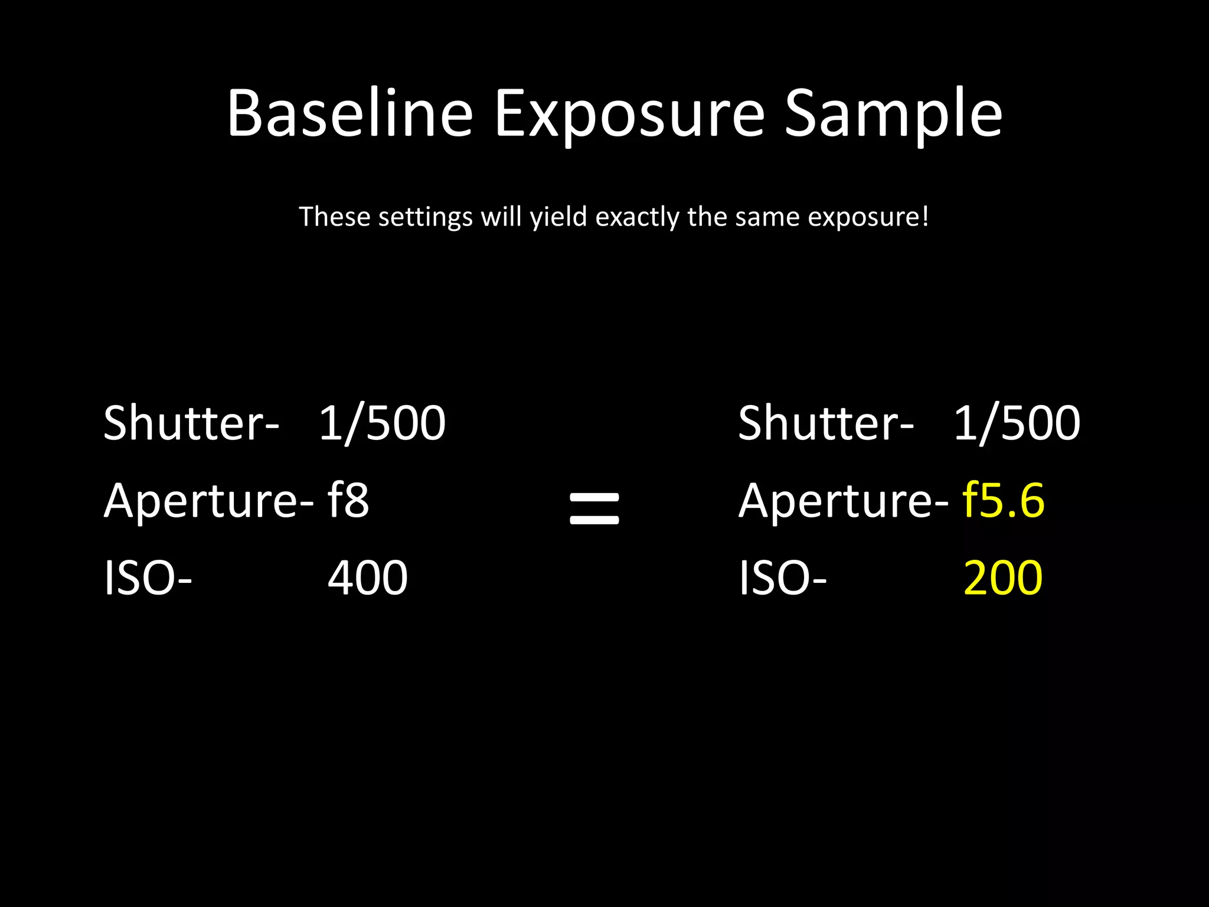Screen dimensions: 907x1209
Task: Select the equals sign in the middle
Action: (x=594, y=508)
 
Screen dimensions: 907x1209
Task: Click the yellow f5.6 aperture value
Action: (x=1003, y=500)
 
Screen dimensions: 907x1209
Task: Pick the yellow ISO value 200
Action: (x=1002, y=578)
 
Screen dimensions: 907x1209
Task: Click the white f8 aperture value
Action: (x=348, y=500)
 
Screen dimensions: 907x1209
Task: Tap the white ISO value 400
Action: (x=367, y=578)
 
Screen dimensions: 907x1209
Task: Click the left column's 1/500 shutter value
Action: (x=382, y=423)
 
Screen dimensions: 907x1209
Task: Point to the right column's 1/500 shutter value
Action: (x=1017, y=423)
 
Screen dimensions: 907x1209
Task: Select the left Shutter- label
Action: (x=191, y=423)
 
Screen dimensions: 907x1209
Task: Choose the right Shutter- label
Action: (x=825, y=423)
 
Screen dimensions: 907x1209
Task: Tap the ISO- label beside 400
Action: (x=148, y=578)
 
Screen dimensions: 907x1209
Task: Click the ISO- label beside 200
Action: (x=782, y=578)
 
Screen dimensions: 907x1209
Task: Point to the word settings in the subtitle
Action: (x=425, y=217)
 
